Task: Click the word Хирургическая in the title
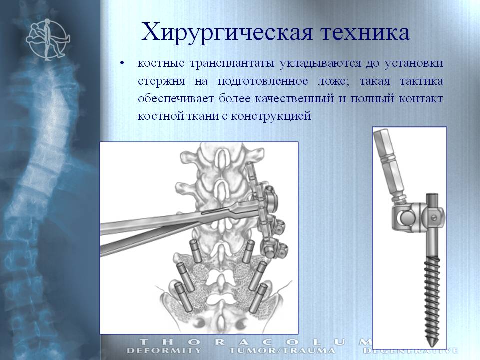point(227,32)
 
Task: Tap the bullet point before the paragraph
point(123,63)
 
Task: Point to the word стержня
point(161,81)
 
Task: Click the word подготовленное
point(263,81)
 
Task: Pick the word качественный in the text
point(294,99)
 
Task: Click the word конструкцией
point(271,116)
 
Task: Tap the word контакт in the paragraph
point(421,99)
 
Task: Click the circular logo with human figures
point(48,39)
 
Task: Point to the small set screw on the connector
point(434,218)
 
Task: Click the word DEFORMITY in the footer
point(164,351)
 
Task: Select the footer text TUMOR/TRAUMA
point(282,351)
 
